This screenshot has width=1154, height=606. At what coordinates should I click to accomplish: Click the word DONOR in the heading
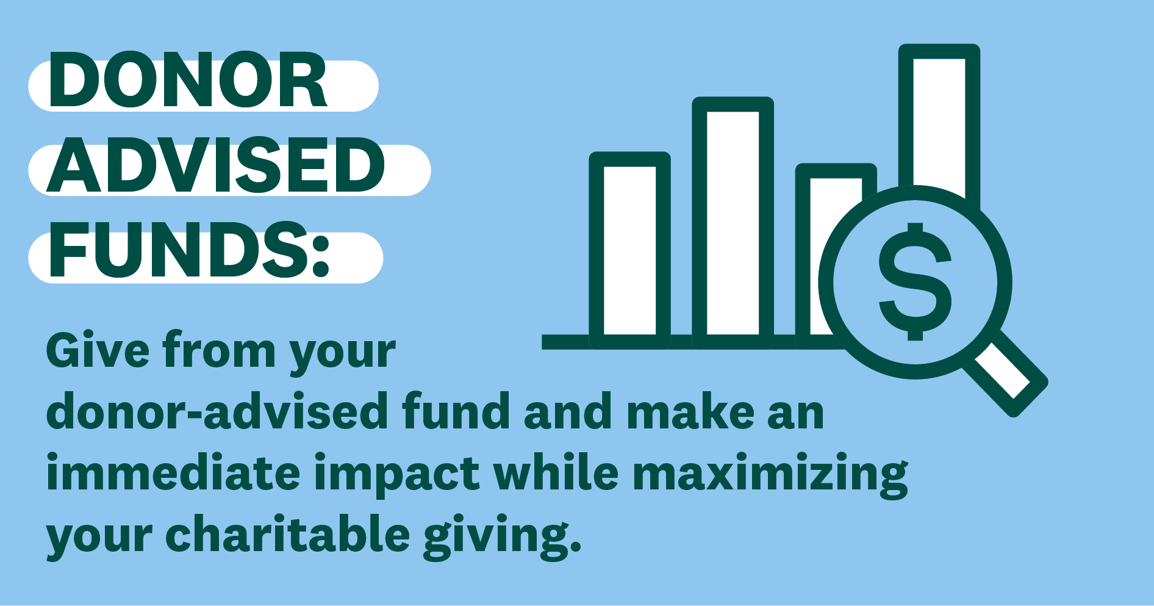pos(188,81)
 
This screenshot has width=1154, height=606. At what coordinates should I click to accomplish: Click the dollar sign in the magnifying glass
pos(915,281)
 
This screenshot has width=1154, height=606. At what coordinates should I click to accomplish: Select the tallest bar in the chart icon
pos(939,122)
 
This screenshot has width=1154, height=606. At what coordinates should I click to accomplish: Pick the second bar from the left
pos(733,223)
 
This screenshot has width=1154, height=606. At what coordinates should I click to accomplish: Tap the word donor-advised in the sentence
pos(217,411)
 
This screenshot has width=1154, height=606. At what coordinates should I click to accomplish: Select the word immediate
pos(173,473)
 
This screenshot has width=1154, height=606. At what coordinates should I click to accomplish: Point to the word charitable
pos(287,534)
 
